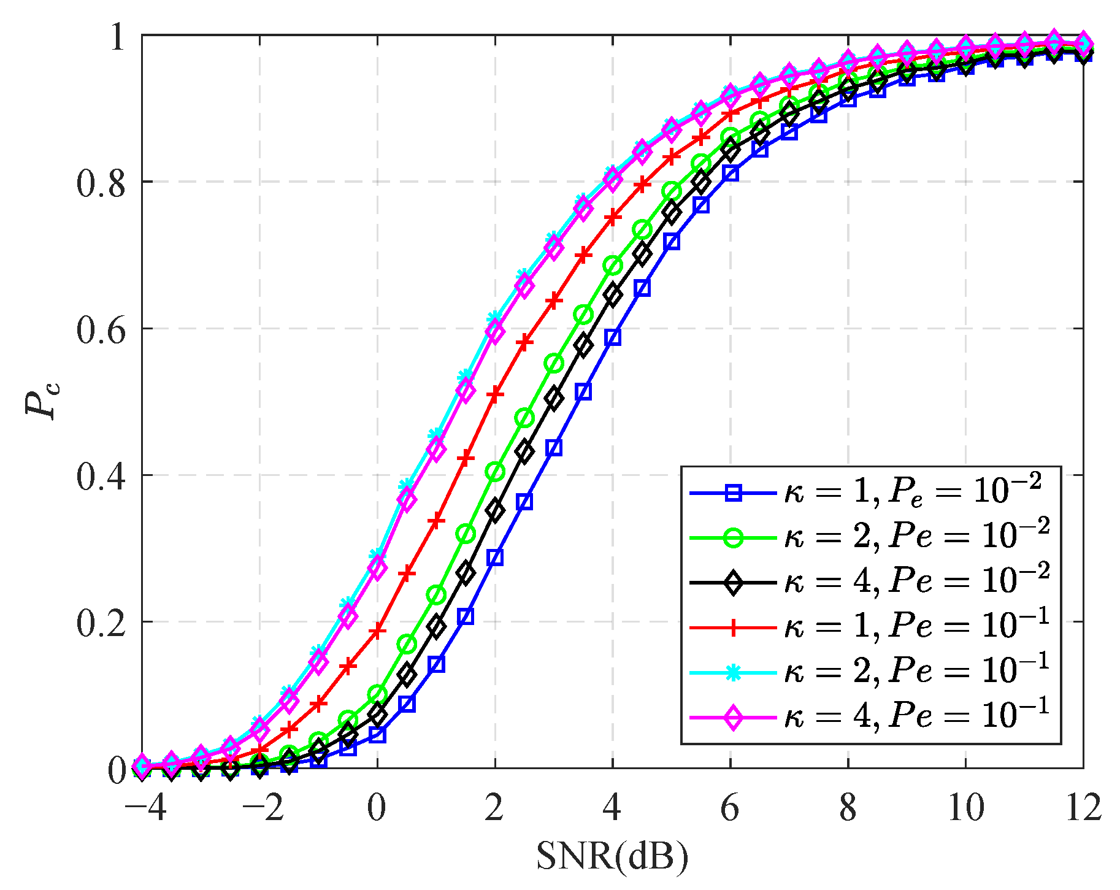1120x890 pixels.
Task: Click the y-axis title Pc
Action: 42,400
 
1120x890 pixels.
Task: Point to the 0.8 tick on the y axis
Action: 101,182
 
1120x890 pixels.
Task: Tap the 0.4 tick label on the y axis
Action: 101,475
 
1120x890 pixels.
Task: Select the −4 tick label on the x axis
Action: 146,808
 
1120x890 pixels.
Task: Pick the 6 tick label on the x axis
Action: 730,808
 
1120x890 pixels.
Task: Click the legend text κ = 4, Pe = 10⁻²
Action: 917,580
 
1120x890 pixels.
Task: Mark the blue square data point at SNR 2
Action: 495,557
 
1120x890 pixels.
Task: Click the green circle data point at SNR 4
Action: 613,266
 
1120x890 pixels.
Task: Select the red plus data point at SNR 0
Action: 378,630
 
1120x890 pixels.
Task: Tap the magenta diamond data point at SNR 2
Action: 495,332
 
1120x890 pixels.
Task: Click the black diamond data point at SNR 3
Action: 554,397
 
